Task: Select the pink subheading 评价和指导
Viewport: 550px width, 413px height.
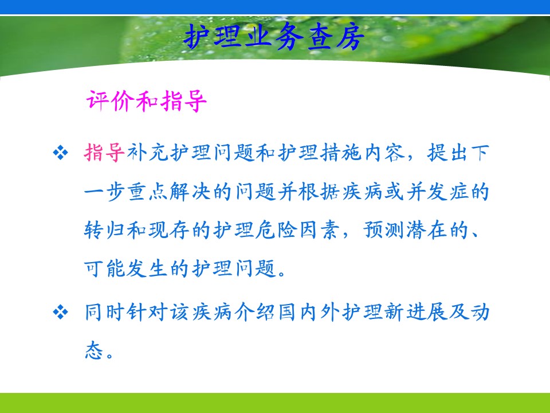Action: [x=146, y=101]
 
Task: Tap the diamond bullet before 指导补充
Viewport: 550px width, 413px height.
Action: [x=60, y=153]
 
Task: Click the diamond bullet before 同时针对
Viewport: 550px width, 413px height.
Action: [x=60, y=312]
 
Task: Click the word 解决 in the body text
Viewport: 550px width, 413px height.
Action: [x=190, y=192]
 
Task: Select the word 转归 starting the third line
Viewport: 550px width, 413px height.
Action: [x=104, y=231]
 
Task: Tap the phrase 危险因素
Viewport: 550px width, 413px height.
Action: [x=298, y=231]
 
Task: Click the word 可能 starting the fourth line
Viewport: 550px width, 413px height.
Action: [x=104, y=269]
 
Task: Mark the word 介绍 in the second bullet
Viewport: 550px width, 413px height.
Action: [x=254, y=312]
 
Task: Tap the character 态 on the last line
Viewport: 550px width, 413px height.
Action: [x=94, y=350]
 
